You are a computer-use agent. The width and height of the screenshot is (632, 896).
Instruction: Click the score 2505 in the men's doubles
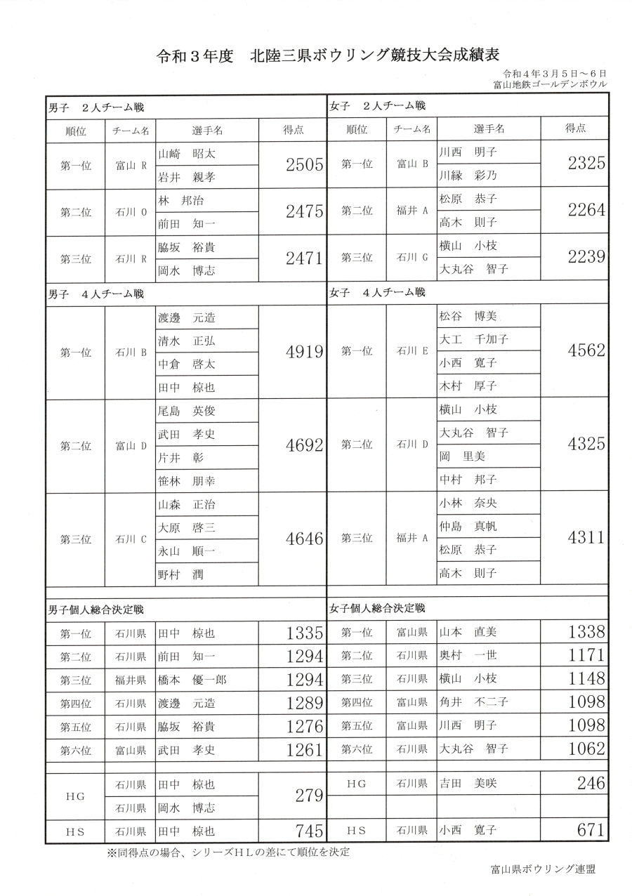coord(303,166)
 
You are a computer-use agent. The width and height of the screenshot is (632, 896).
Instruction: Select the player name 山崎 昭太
coord(187,153)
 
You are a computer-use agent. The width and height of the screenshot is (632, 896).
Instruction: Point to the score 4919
coord(303,353)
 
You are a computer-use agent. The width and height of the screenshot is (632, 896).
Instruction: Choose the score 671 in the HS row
coord(590,830)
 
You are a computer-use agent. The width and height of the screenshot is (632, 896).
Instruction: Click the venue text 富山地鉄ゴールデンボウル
coord(550,84)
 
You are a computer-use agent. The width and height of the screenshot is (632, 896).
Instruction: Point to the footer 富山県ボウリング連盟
coord(543,869)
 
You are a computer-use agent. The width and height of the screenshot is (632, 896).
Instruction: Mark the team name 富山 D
coord(131,446)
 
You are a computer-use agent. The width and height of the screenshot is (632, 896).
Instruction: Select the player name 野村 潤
coord(180,575)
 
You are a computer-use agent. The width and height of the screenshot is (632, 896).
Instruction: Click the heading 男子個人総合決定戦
coord(96,609)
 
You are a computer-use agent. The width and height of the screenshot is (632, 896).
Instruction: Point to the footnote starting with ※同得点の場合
coord(228,853)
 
